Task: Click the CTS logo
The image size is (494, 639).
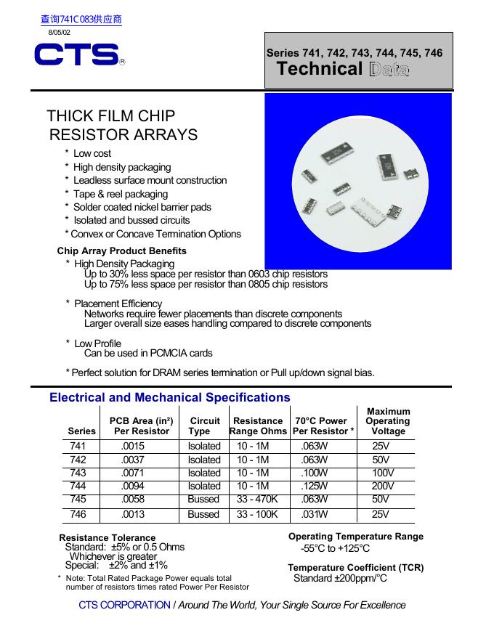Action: coord(76,55)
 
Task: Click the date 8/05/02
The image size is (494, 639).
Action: coord(60,33)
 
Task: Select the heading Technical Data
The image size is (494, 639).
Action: coord(343,70)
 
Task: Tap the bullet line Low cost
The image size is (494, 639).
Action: coord(92,153)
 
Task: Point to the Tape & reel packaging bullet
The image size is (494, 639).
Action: coord(121,194)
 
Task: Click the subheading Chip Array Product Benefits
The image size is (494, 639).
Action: coord(121,251)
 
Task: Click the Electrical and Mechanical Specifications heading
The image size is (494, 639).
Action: coord(169,397)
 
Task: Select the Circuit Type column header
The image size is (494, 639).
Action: coord(204,426)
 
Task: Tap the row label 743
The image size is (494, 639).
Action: coord(78,473)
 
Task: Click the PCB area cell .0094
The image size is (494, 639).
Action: coord(133,486)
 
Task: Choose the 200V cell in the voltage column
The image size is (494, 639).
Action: coord(383,486)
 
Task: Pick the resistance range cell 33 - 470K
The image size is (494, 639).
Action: coord(258,499)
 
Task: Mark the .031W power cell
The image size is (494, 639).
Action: coord(314,514)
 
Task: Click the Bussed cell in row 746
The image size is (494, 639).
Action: coord(203,514)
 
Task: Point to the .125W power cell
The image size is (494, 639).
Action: coord(314,486)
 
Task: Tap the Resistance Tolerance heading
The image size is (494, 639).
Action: coord(107,538)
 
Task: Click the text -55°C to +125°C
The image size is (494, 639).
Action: coord(335,548)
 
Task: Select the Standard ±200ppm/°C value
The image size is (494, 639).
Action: coord(340,578)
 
